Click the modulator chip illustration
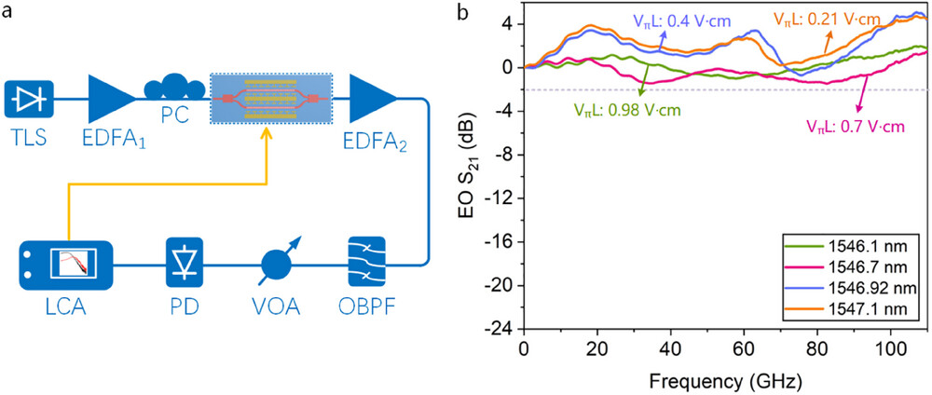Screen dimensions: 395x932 point(269,96)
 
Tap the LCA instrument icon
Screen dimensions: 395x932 point(67,266)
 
